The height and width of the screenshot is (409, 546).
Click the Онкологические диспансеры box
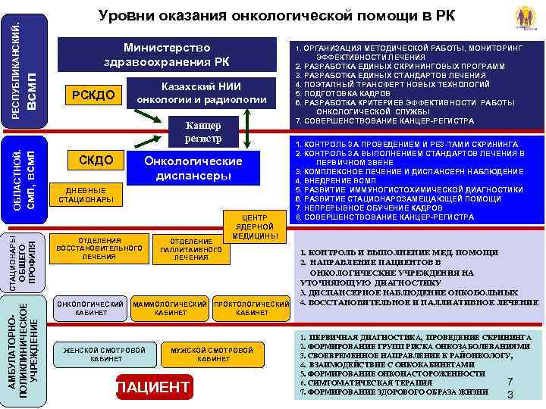click(194, 168)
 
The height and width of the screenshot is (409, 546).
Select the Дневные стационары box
click(83, 195)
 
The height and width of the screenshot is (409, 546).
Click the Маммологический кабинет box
click(170, 308)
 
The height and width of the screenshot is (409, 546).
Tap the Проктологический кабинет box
click(253, 308)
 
